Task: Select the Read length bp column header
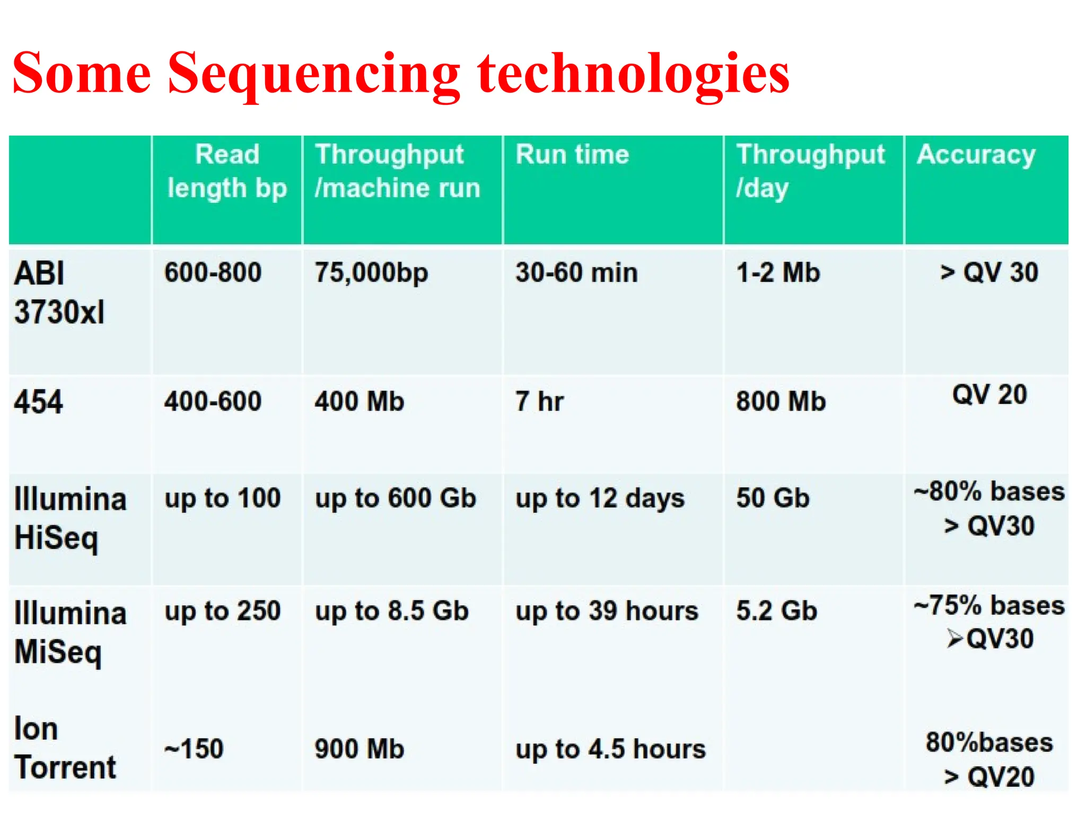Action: (227, 171)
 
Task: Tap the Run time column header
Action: (572, 155)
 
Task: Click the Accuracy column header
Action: (976, 155)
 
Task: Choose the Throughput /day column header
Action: (810, 171)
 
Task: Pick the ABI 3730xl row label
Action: (59, 293)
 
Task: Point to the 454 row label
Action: (38, 402)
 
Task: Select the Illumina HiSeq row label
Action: (70, 519)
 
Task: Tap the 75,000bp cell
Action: (371, 273)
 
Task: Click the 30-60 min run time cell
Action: (576, 273)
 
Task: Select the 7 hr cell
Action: (539, 402)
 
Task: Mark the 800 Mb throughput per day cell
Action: (781, 402)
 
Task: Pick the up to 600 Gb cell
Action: (396, 499)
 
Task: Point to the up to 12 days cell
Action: (600, 499)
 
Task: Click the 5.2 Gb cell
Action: (776, 611)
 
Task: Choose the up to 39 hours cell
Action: (607, 611)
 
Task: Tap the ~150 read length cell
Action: (194, 749)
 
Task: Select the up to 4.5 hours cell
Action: (610, 749)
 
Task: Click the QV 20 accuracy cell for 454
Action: (989, 395)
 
